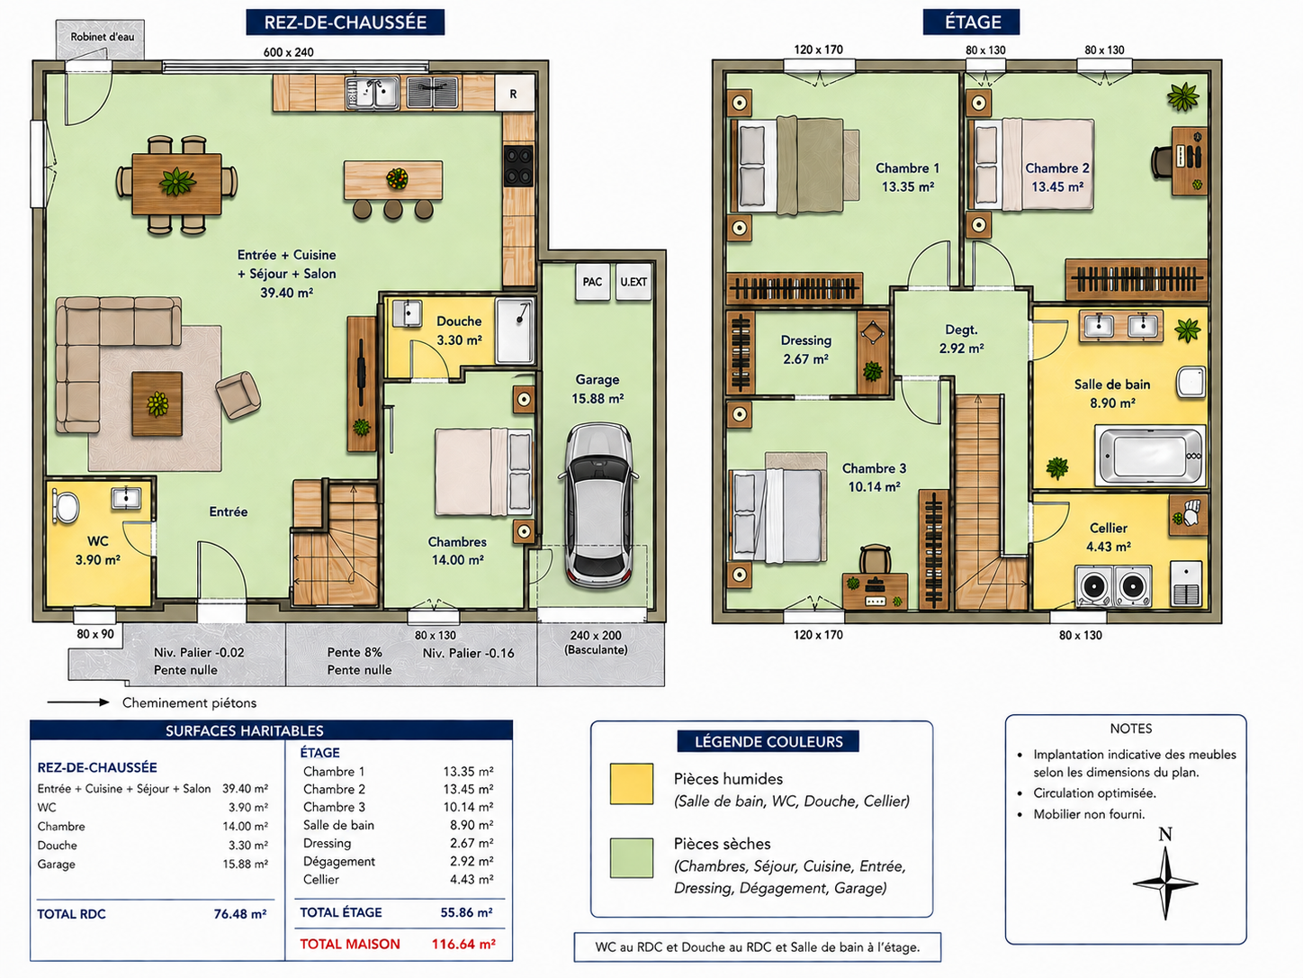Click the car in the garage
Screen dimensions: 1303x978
pyautogui.click(x=598, y=505)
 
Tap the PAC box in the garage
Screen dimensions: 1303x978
pyautogui.click(x=592, y=282)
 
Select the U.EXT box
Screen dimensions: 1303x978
pyautogui.click(x=634, y=282)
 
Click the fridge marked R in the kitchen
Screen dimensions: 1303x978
pyautogui.click(x=515, y=94)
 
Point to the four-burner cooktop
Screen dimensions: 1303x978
pyautogui.click(x=518, y=167)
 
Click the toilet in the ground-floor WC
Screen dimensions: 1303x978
pyautogui.click(x=65, y=506)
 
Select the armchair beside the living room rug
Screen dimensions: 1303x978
pyautogui.click(x=238, y=394)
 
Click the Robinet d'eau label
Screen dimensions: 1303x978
pyautogui.click(x=102, y=37)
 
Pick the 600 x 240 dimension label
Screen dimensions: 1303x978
pyautogui.click(x=289, y=52)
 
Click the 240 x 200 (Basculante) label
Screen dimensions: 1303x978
pyautogui.click(x=596, y=642)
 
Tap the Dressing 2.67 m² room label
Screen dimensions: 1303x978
pyautogui.click(x=805, y=349)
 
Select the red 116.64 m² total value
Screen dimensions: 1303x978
pyautogui.click(x=463, y=944)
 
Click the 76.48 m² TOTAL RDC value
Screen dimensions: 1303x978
pyautogui.click(x=240, y=914)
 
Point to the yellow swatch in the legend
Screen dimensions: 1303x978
pyautogui.click(x=632, y=783)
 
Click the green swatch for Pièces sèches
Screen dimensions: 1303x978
pyautogui.click(x=632, y=857)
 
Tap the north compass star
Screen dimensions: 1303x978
pyautogui.click(x=1165, y=883)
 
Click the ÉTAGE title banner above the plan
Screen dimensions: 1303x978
pyautogui.click(x=972, y=23)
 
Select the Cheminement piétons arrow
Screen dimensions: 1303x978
pyautogui.click(x=78, y=702)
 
